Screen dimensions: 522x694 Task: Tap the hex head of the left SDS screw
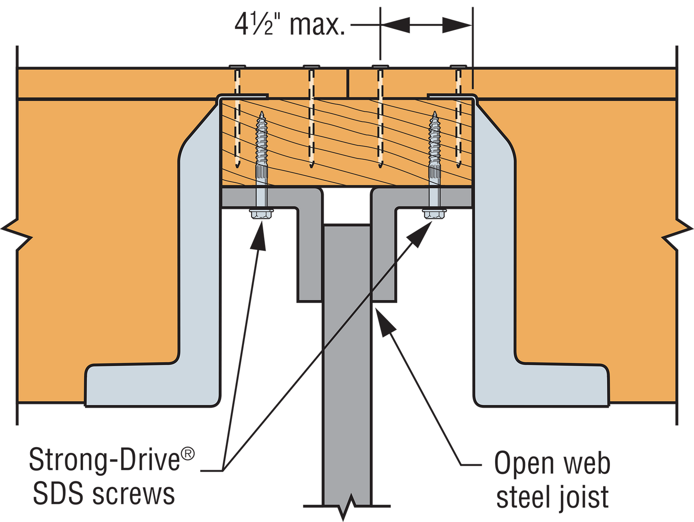(x=261, y=214)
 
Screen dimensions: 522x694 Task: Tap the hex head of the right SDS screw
(x=434, y=214)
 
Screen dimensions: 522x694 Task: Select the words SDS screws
(x=104, y=493)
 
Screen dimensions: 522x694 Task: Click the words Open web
(x=552, y=464)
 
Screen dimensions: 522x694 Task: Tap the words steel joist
(x=552, y=497)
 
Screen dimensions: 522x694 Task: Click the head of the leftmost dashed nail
(x=236, y=66)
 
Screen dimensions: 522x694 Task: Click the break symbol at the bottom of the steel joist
(x=347, y=507)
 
